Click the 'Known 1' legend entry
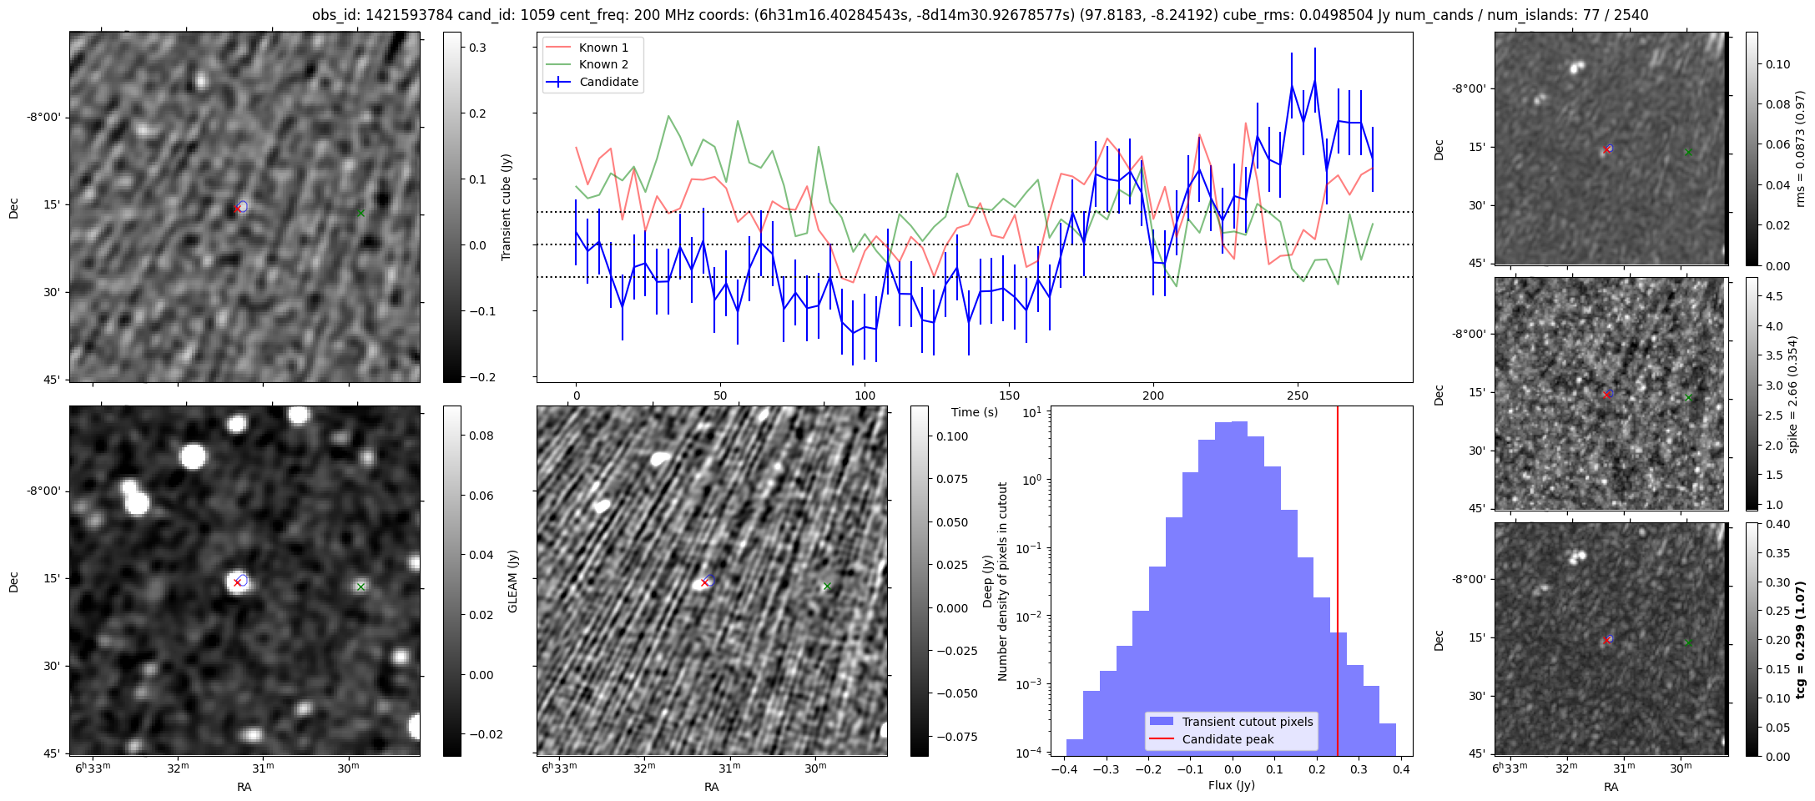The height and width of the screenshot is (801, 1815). tap(603, 48)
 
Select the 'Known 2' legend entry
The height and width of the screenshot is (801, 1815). tap(603, 64)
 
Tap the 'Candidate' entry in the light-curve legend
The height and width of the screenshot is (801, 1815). tap(608, 82)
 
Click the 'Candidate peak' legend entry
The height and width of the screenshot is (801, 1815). tap(1228, 739)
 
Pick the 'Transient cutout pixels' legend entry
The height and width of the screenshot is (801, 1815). tap(1247, 722)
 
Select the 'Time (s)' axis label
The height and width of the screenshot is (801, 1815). tap(974, 412)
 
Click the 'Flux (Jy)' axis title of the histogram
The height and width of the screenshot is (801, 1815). tap(1231, 785)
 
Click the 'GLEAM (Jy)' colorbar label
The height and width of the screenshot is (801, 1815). tap(512, 581)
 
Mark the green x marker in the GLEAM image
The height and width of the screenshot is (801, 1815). tap(360, 587)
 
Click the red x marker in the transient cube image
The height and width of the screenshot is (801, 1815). tap(238, 209)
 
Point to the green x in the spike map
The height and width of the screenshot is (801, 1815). tap(1688, 397)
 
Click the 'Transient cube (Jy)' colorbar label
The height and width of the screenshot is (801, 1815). tap(506, 207)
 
